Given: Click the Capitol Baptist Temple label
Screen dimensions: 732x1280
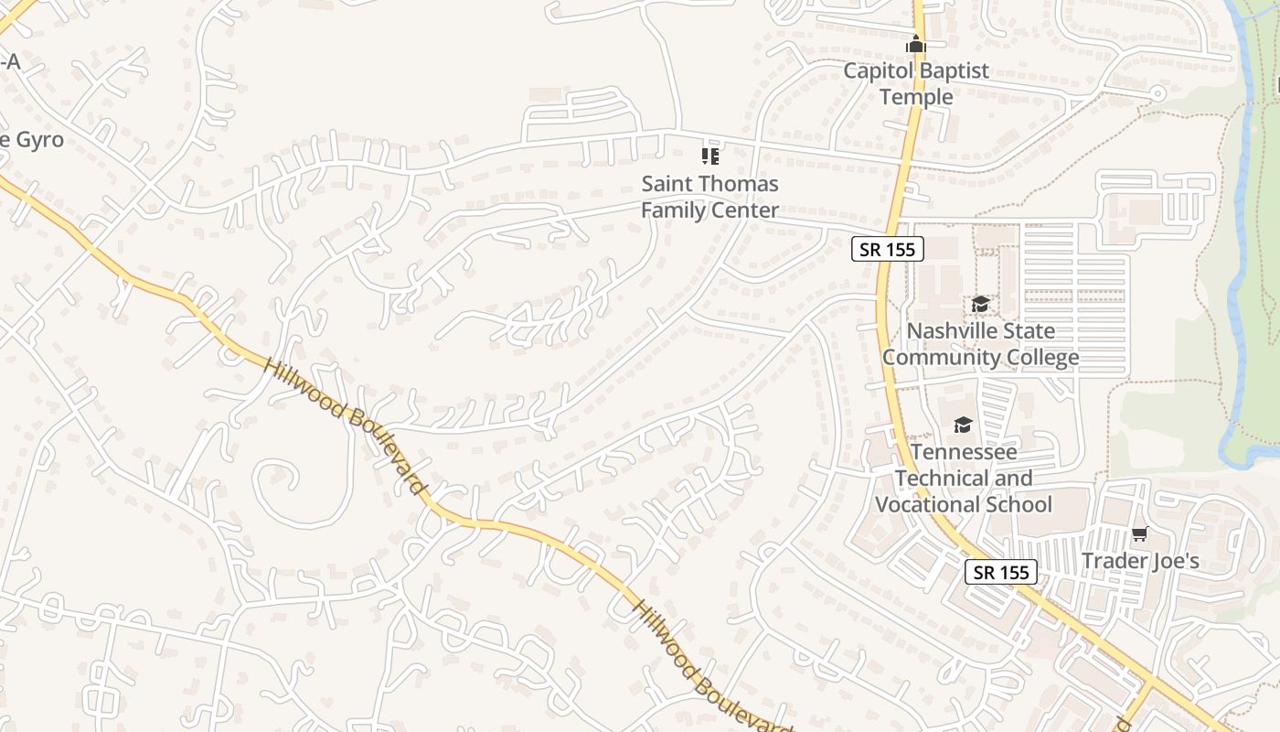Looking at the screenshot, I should (x=916, y=83).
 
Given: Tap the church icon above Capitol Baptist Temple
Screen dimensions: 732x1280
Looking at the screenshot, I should (x=916, y=44).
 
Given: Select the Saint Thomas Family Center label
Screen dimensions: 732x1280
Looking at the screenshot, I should (x=709, y=197).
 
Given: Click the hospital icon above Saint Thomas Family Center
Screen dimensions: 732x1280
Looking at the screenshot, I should (x=709, y=156).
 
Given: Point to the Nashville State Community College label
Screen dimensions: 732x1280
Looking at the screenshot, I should (x=980, y=344).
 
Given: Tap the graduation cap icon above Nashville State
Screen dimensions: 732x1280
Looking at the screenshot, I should (x=980, y=304).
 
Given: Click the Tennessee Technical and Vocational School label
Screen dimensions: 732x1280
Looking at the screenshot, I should (x=964, y=478).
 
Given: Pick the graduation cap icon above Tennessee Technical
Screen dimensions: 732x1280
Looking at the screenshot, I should (x=963, y=425).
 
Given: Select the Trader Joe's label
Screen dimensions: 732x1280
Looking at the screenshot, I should (x=1140, y=561).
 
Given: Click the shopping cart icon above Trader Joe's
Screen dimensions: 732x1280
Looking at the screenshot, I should (x=1139, y=533).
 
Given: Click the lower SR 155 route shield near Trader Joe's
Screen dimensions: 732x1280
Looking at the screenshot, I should (x=1001, y=572).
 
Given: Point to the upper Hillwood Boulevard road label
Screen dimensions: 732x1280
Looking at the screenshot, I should (x=347, y=425).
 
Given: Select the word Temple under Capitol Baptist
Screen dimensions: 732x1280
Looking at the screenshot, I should (x=916, y=97).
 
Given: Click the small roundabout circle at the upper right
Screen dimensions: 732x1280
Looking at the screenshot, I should (x=1157, y=92).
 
